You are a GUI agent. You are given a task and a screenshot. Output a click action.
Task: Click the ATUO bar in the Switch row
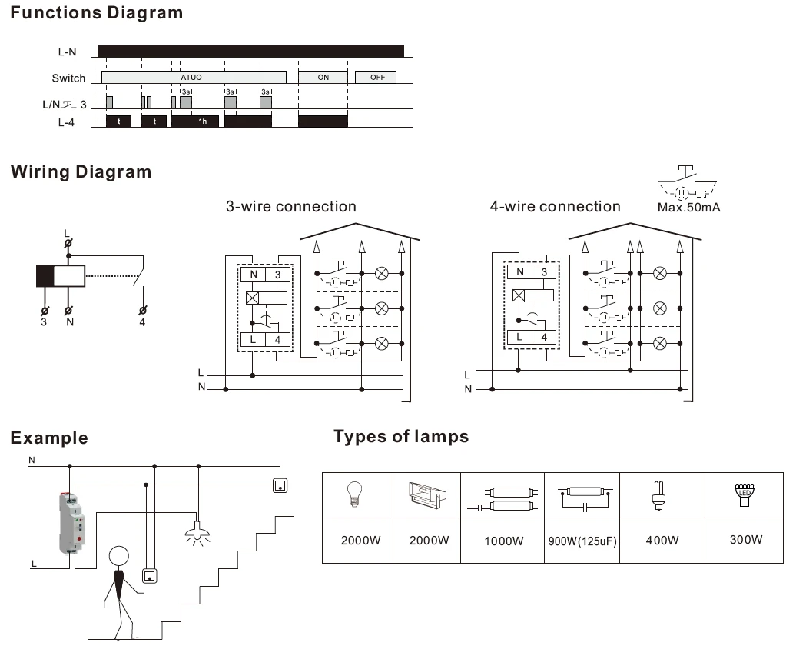click(194, 77)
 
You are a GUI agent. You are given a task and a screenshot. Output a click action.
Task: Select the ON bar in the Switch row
click(323, 77)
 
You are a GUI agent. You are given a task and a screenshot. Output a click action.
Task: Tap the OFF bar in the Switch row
click(376, 77)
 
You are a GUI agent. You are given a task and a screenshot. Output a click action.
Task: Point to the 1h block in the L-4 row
click(195, 122)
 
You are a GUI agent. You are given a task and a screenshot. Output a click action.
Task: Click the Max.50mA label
click(688, 208)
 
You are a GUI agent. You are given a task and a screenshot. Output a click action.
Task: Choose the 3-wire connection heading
click(291, 206)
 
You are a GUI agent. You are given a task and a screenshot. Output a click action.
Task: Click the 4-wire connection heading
click(555, 206)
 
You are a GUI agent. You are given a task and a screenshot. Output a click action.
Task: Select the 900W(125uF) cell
click(582, 541)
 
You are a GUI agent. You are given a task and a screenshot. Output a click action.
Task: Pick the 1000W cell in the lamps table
click(503, 541)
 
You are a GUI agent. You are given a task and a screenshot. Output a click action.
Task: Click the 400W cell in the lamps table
click(662, 541)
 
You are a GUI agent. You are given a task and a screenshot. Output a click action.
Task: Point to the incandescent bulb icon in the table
click(355, 494)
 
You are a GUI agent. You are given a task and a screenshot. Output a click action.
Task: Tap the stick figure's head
click(119, 557)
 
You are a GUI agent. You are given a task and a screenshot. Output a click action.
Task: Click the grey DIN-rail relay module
click(71, 523)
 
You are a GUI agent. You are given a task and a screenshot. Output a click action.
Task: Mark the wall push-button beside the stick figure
click(149, 575)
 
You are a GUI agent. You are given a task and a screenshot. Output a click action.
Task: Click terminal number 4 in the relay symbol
click(142, 322)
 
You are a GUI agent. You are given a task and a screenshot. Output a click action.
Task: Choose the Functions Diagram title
click(97, 13)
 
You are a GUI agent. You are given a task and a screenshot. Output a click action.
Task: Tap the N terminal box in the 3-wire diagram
click(254, 275)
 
